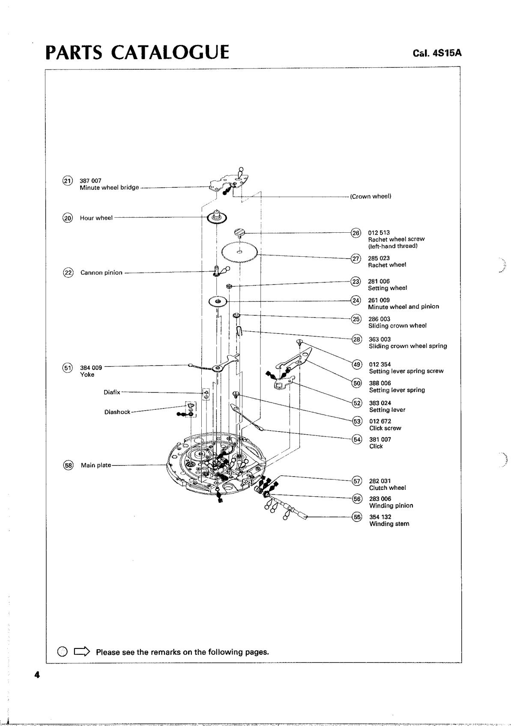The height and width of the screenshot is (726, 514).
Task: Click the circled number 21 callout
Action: (x=67, y=181)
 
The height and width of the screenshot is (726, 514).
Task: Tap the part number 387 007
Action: (x=90, y=180)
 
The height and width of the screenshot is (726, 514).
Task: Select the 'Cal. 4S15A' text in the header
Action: (x=437, y=53)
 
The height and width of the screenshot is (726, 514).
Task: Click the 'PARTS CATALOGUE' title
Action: (x=137, y=52)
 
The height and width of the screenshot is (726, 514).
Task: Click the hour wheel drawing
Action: (x=217, y=217)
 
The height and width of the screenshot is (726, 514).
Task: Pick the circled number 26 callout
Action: (x=356, y=233)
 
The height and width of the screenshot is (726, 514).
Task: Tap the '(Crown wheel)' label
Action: (x=371, y=196)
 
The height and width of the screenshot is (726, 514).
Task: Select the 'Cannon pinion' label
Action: (x=102, y=273)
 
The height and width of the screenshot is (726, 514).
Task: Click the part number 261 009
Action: (x=379, y=300)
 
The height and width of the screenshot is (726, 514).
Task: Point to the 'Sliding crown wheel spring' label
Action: (x=408, y=346)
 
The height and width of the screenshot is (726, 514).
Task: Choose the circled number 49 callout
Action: (x=357, y=365)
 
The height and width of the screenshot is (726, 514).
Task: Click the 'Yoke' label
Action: (x=87, y=374)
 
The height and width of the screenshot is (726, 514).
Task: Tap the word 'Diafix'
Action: (x=112, y=392)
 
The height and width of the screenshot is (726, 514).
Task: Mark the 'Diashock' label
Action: (x=117, y=412)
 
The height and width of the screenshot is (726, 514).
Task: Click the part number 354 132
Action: (x=380, y=517)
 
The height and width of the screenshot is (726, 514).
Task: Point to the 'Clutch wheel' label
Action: (x=387, y=488)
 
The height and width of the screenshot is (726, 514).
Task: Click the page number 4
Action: (x=37, y=675)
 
